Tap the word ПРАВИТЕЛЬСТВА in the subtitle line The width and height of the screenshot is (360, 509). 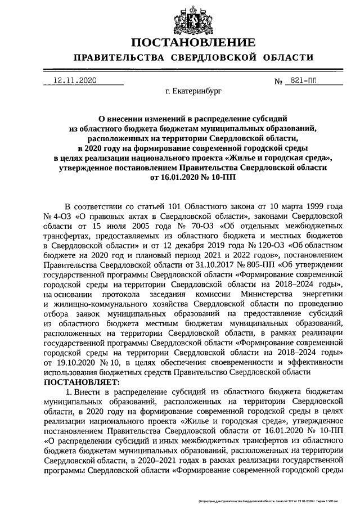pyautogui.click(x=115, y=58)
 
